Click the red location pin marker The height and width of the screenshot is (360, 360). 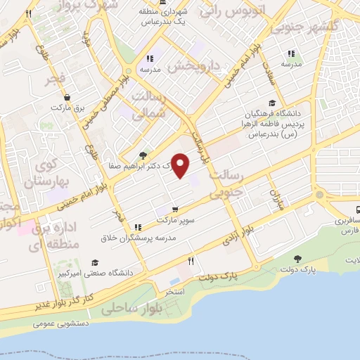tap(181, 165)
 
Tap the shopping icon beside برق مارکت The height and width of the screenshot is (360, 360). tap(66, 98)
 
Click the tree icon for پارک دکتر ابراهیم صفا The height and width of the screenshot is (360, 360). tap(143, 155)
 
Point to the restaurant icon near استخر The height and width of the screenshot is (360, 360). tap(191, 261)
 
